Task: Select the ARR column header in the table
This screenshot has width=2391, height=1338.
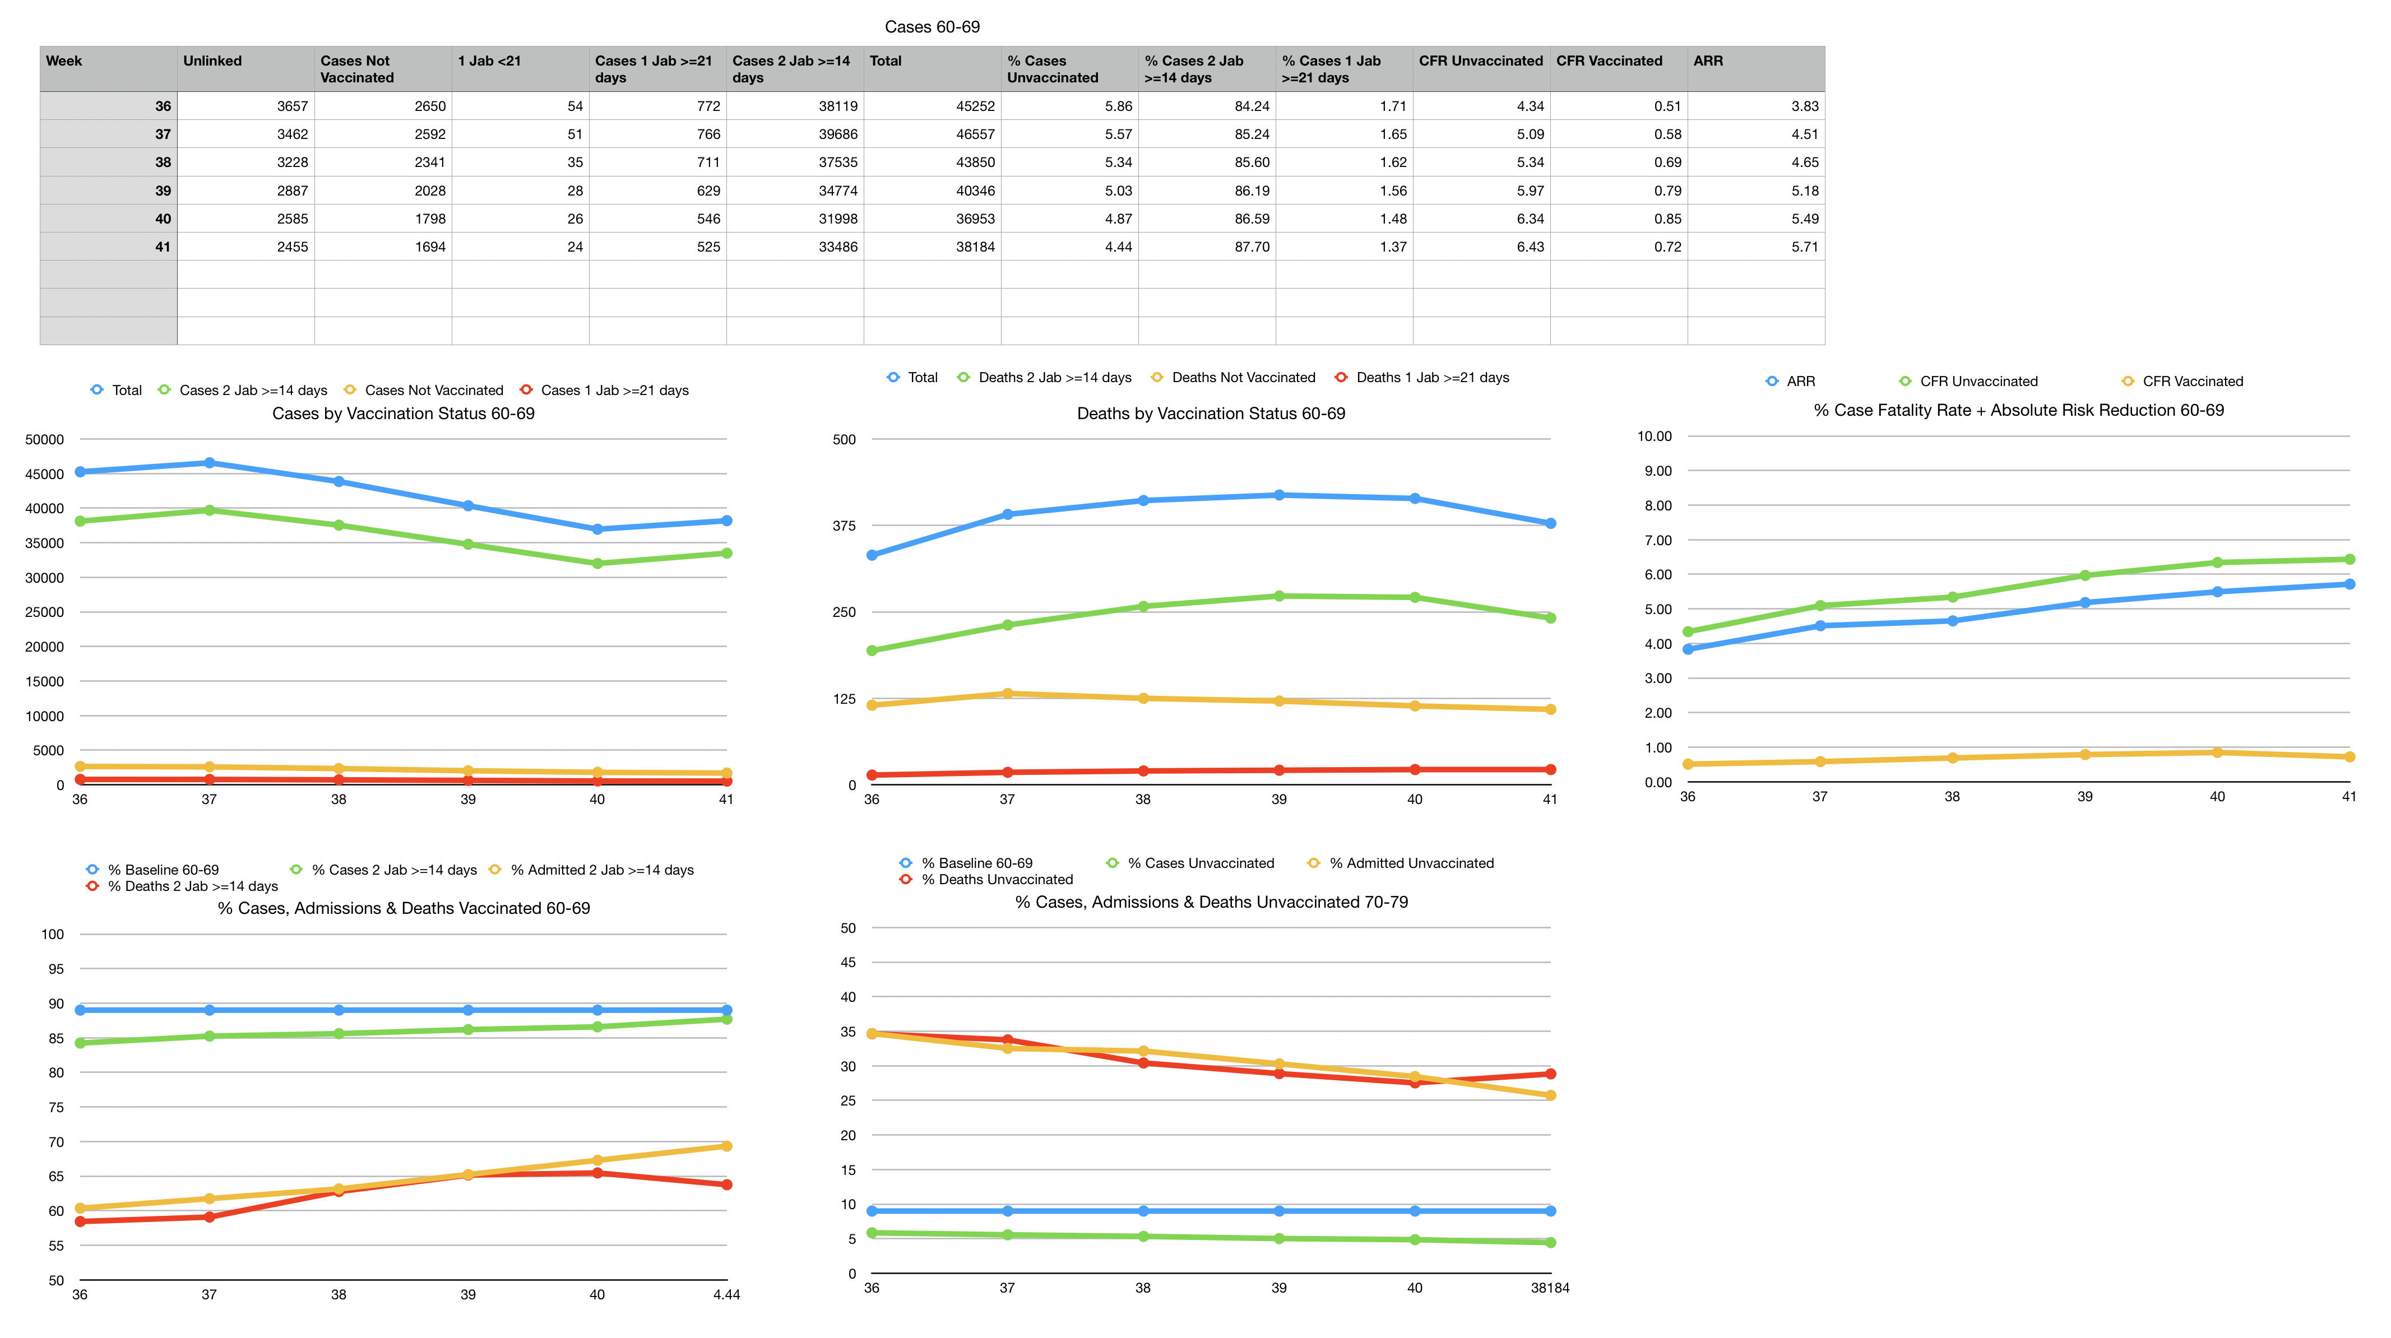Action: (x=1708, y=61)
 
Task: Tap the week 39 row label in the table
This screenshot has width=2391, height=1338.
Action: (x=163, y=190)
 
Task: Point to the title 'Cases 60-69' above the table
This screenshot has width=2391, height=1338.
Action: (x=932, y=27)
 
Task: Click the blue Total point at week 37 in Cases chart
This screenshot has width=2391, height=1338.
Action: (x=209, y=463)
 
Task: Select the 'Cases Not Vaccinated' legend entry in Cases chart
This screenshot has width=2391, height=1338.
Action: (x=433, y=391)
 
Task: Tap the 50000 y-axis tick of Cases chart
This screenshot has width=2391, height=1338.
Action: (x=44, y=440)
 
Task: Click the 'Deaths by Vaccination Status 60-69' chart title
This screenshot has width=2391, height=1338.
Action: (x=1210, y=414)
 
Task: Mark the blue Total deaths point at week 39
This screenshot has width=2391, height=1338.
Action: (x=1279, y=495)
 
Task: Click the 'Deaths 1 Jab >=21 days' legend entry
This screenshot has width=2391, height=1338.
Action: (x=1432, y=378)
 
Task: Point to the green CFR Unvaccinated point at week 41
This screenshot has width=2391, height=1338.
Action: (x=2349, y=560)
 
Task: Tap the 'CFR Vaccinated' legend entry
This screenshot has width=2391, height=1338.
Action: (x=2193, y=382)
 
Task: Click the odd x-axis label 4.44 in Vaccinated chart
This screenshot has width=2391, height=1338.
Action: (x=726, y=1294)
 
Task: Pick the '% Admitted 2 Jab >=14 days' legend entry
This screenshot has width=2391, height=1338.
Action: (x=601, y=870)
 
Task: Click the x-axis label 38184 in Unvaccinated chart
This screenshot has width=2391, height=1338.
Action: (x=1549, y=1288)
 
